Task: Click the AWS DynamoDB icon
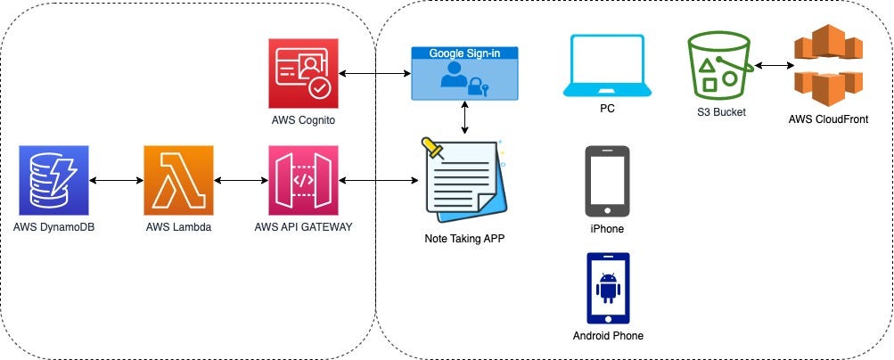click(54, 180)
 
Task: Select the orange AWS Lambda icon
click(179, 180)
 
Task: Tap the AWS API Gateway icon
click(304, 180)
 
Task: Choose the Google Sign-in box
click(464, 74)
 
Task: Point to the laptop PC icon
click(607, 67)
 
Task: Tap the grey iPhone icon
click(607, 182)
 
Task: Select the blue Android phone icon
click(607, 289)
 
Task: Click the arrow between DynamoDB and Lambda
click(117, 181)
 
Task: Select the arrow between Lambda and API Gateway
click(242, 181)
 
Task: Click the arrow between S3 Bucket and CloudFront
click(772, 66)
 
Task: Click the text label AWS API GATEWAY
click(304, 227)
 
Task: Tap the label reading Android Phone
click(607, 336)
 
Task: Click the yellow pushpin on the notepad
click(436, 148)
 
